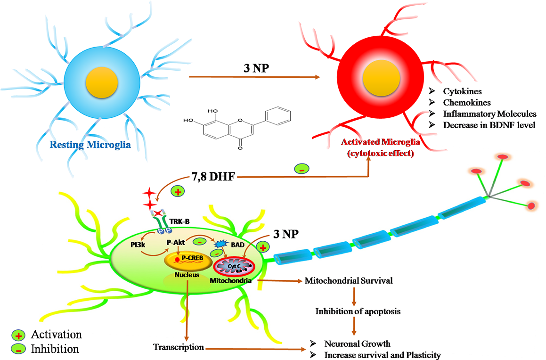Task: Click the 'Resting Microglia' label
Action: pyautogui.click(x=90, y=145)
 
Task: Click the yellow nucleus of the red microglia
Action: pyautogui.click(x=377, y=78)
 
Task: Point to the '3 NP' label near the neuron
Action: pyautogui.click(x=286, y=234)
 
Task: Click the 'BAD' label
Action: pyautogui.click(x=238, y=245)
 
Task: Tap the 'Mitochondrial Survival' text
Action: pyautogui.click(x=349, y=281)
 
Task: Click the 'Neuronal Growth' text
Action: pyautogui.click(x=358, y=344)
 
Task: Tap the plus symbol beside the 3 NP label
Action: pyautogui.click(x=263, y=247)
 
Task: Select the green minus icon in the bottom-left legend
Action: pyautogui.click(x=18, y=349)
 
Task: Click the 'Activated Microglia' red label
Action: pyautogui.click(x=380, y=143)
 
